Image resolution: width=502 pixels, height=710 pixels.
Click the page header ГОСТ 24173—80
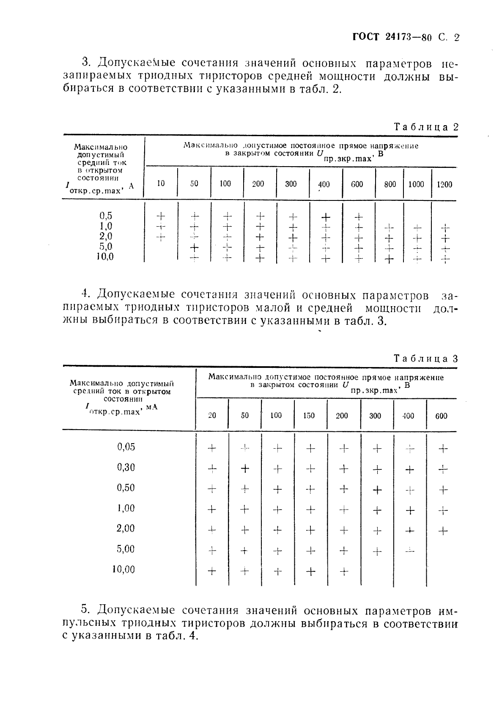pyautogui.click(x=392, y=37)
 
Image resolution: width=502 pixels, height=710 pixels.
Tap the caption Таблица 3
pyautogui.click(x=426, y=359)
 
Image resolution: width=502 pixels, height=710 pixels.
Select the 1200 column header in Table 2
pyautogui.click(x=444, y=184)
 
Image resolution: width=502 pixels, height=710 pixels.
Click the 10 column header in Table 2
pyautogui.click(x=161, y=184)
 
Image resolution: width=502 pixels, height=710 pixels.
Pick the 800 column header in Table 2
pyautogui.click(x=390, y=184)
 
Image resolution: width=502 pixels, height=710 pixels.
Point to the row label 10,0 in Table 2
pyautogui.click(x=105, y=257)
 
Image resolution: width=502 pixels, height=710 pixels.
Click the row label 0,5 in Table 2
pyautogui.click(x=106, y=216)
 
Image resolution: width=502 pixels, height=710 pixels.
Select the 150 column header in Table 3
pyautogui.click(x=309, y=416)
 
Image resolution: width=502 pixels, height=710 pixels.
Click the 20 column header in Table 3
pyautogui.click(x=212, y=416)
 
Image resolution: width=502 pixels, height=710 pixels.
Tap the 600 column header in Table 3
pyautogui.click(x=441, y=416)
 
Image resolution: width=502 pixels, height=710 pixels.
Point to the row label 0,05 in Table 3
pyautogui.click(x=126, y=447)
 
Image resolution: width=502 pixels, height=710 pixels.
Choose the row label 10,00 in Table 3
pyautogui.click(x=123, y=570)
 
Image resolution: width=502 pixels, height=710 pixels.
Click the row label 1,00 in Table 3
pyautogui.click(x=126, y=508)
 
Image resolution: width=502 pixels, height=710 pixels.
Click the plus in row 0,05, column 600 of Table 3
pyautogui.click(x=442, y=449)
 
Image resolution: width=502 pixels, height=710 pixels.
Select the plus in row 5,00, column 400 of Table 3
pyautogui.click(x=409, y=551)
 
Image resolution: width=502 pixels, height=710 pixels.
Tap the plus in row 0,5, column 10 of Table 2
pyautogui.click(x=160, y=216)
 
